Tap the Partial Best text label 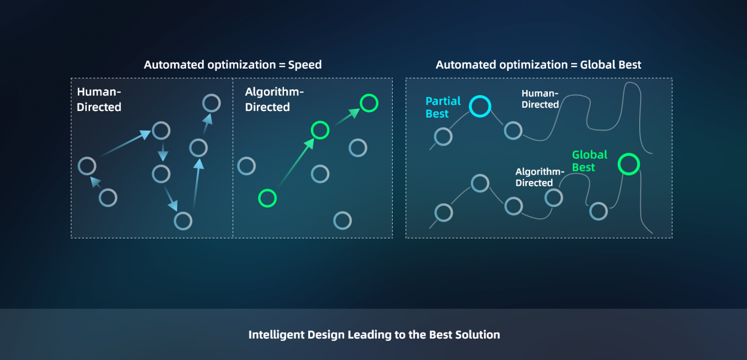[x=443, y=107]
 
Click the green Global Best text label [x=589, y=160]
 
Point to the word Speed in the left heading [x=305, y=65]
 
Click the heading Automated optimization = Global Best [x=538, y=65]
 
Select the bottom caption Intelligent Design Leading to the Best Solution [x=374, y=335]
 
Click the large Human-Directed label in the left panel [x=99, y=100]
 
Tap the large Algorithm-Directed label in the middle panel [x=274, y=100]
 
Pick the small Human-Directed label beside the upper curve [x=540, y=99]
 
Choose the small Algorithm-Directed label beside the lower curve [x=540, y=177]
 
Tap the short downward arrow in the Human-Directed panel [x=163, y=152]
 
